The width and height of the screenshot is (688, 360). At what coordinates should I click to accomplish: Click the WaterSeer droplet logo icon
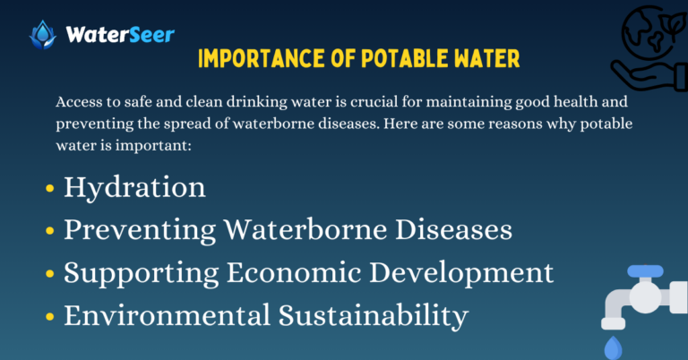click(41, 35)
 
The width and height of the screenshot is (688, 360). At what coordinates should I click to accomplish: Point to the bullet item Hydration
click(134, 187)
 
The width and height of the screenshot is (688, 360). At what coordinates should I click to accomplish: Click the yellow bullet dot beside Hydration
click(49, 190)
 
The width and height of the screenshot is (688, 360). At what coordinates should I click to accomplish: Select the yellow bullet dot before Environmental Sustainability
click(49, 318)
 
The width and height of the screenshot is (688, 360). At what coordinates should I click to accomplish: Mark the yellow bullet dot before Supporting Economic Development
click(49, 275)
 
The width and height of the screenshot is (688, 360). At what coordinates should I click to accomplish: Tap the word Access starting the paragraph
click(77, 102)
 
